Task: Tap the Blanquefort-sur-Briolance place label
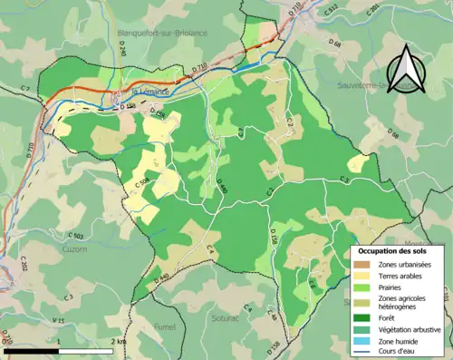tap(162, 33)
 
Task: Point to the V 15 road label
tap(58, 321)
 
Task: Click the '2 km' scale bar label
tap(118, 341)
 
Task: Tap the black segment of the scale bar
tap(32, 350)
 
